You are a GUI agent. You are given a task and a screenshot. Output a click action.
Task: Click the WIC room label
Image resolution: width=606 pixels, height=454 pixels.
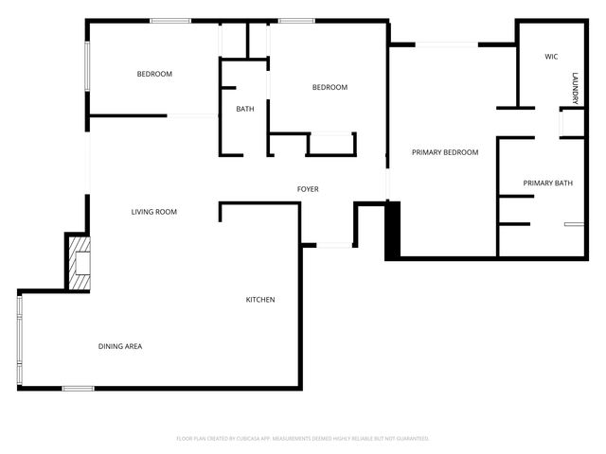tap(551, 57)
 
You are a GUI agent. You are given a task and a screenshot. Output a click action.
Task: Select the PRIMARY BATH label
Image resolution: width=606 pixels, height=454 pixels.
tap(548, 183)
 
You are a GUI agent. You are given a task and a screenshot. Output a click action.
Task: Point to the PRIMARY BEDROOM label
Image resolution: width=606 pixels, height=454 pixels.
tap(444, 152)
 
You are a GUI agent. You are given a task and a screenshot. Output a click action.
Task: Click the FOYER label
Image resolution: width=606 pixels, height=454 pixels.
tap(308, 189)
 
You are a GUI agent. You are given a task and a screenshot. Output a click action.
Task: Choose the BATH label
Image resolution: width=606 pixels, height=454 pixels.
tap(245, 109)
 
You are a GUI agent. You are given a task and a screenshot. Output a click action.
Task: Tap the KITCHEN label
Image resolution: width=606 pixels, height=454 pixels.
tap(260, 300)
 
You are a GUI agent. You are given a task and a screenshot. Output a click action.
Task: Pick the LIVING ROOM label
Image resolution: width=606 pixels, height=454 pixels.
tap(153, 212)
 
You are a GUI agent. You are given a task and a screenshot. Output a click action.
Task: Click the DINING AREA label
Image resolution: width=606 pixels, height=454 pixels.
tap(120, 346)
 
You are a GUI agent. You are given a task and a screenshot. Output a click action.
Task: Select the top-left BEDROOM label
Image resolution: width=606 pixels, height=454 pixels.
tap(153, 74)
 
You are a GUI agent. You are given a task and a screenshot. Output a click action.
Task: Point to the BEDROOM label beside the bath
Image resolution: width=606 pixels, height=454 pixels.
tap(330, 87)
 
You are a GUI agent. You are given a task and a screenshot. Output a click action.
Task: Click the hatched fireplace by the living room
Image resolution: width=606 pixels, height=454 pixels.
tap(79, 262)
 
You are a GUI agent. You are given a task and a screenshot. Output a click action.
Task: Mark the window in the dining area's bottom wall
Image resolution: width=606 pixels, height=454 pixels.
tap(78, 388)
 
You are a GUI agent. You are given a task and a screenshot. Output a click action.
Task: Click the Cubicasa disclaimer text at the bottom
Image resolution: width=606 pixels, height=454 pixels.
tap(303, 438)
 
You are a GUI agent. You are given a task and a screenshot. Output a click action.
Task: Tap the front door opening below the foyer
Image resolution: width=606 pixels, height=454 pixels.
tap(334, 246)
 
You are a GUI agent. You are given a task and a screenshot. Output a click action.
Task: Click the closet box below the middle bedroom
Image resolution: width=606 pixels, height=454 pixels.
tap(330, 144)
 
